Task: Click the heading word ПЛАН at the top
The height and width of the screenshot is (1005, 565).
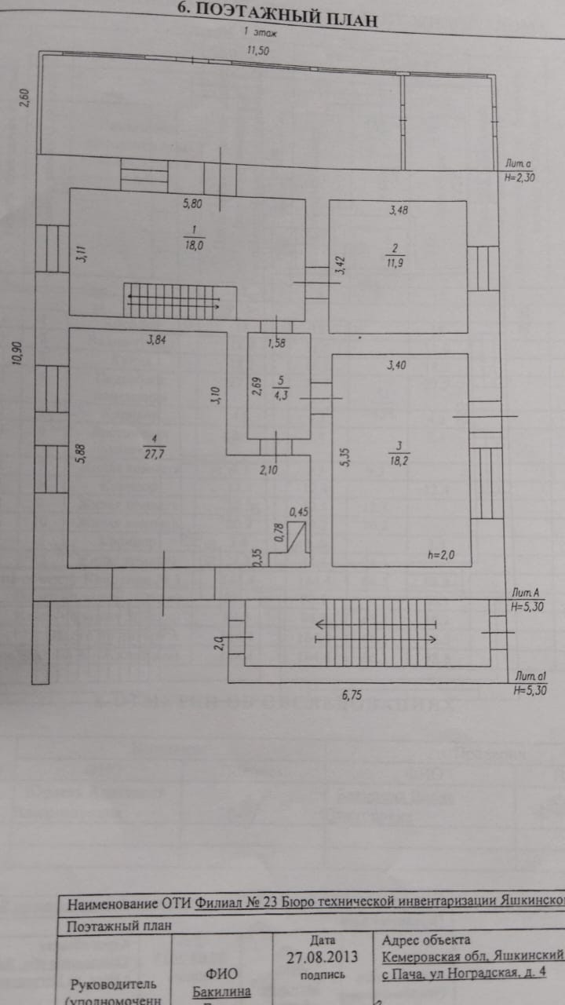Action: (x=342, y=16)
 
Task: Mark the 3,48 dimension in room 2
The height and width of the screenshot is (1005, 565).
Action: (x=400, y=210)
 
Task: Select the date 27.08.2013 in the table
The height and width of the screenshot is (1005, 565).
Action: (x=323, y=956)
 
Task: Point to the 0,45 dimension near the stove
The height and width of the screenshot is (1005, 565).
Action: (x=299, y=513)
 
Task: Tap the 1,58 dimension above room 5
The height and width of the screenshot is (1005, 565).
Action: (x=275, y=343)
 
